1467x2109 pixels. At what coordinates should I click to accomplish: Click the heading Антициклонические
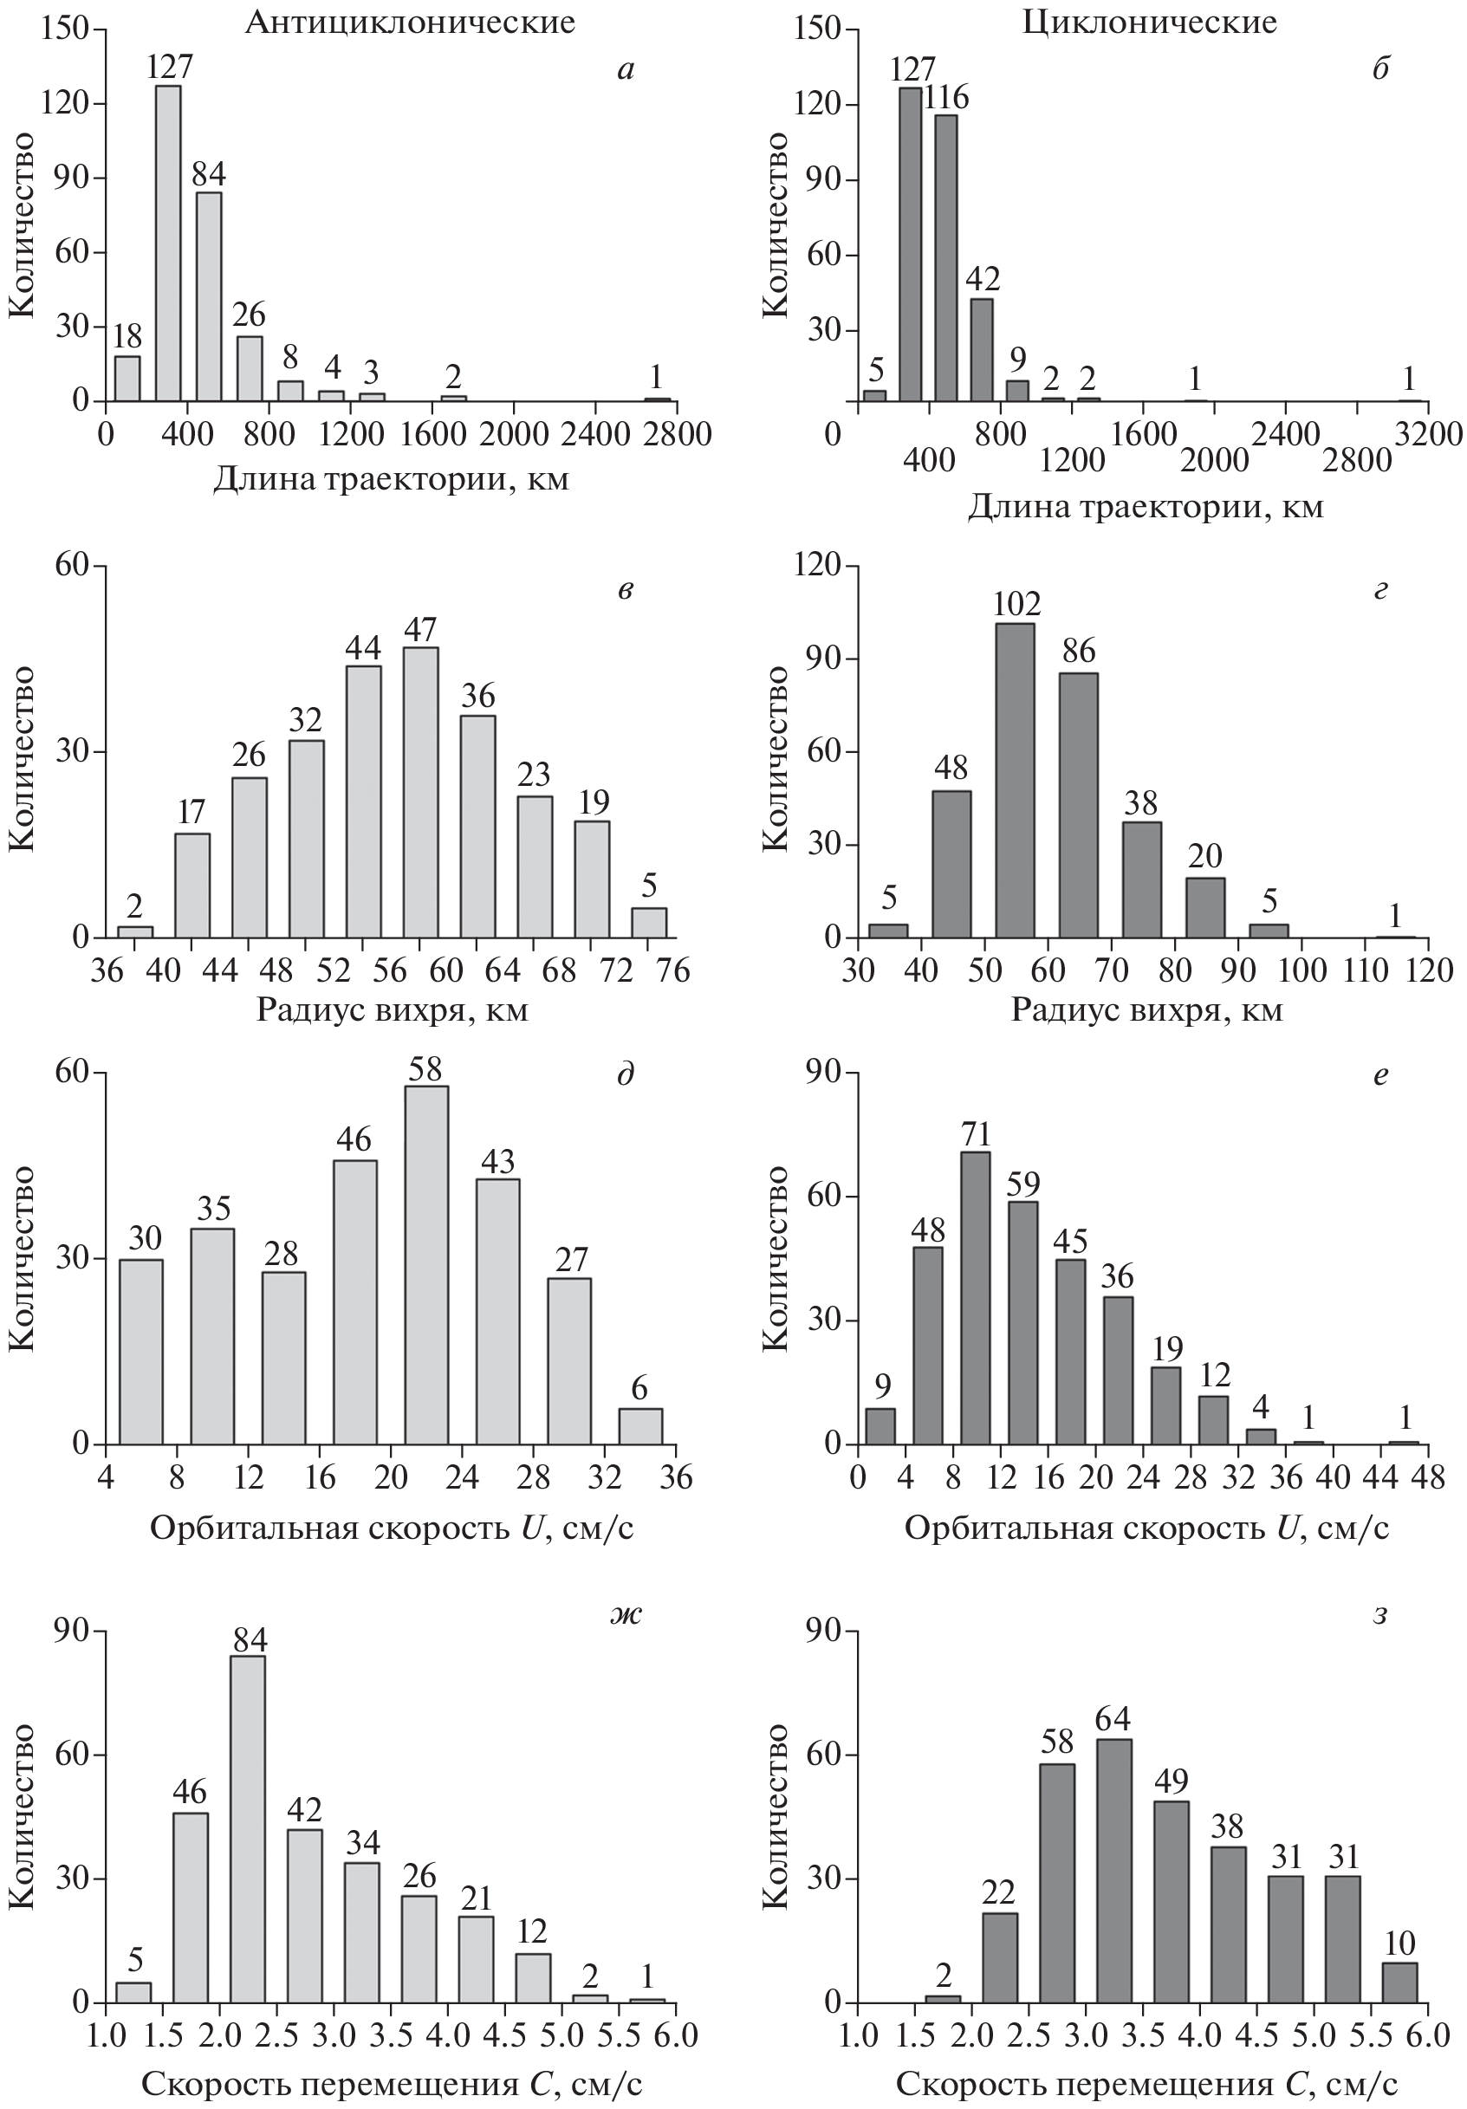pos(410,21)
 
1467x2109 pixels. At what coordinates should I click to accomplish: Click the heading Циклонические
pos(1149,21)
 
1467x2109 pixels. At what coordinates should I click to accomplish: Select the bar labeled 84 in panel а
pos(209,295)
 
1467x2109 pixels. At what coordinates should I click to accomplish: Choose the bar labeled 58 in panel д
pos(427,1265)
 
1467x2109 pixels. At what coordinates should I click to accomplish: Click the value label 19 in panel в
pos(594,801)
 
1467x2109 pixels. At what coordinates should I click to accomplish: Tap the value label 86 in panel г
pos(1079,651)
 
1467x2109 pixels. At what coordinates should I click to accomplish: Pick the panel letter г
pos(1379,589)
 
